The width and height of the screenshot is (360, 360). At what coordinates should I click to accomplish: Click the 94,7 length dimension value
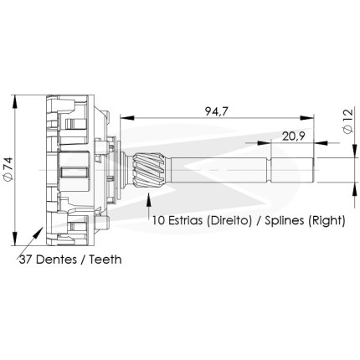click(217, 111)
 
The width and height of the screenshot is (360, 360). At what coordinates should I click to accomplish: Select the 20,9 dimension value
click(293, 136)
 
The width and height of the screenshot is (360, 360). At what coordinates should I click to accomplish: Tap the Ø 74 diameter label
click(8, 169)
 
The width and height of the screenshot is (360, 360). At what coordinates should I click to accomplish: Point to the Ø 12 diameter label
click(348, 121)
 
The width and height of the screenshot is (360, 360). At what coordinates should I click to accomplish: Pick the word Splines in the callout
click(285, 221)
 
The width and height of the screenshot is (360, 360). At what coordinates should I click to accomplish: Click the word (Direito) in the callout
click(229, 221)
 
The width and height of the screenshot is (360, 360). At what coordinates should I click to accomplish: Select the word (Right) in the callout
click(327, 221)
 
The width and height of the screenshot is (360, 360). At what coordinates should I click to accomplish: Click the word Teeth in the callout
click(105, 260)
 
